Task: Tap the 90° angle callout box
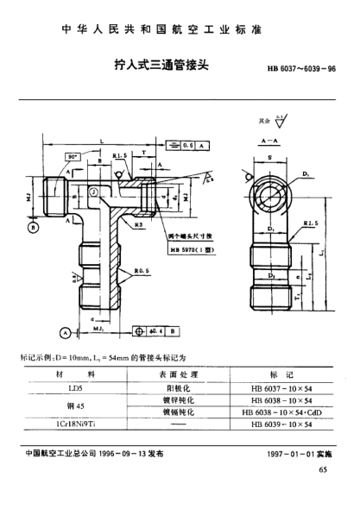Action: (x=73, y=157)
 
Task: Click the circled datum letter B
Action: (x=33, y=228)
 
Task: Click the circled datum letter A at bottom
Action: (x=65, y=330)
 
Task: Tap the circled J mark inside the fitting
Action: (x=93, y=192)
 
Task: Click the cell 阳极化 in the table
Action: (x=179, y=388)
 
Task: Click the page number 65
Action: (x=323, y=470)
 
